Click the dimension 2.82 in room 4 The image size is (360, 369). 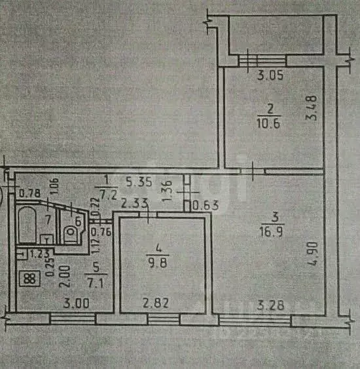155,305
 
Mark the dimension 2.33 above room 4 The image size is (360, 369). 134,204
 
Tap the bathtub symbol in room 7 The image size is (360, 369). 29,227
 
